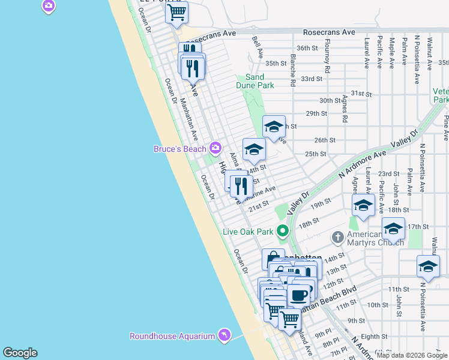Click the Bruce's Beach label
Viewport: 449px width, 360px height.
(x=180, y=148)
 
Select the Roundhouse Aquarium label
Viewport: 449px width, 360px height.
(x=172, y=336)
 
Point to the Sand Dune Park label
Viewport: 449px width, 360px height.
(x=259, y=81)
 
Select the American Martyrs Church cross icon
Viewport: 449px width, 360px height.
(x=337, y=238)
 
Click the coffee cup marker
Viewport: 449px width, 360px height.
(x=299, y=295)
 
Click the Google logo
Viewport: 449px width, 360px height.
(x=20, y=353)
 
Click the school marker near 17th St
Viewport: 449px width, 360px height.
(x=393, y=229)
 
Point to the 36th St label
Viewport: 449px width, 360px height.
(x=307, y=48)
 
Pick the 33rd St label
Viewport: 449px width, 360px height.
(x=312, y=79)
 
